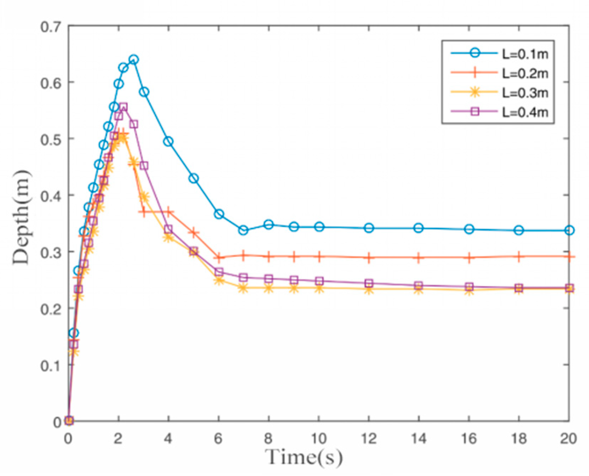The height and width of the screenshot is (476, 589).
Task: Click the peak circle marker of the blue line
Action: [x=133, y=60]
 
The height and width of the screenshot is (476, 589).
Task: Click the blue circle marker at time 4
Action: [x=168, y=142]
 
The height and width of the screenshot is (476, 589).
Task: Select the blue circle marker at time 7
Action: [x=243, y=230]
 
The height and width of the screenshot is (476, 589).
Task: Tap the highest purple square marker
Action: [x=123, y=107]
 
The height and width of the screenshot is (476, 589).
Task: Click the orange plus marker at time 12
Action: [x=369, y=258]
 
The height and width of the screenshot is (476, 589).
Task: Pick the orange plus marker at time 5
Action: [x=194, y=233]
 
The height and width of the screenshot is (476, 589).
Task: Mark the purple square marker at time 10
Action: [x=319, y=281]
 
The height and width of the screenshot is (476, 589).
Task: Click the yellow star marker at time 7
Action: [x=243, y=288]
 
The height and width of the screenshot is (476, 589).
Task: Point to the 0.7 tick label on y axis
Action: [x=50, y=27]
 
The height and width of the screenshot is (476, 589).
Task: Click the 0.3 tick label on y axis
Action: [x=50, y=252]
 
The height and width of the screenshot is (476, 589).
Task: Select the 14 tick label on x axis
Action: [x=419, y=439]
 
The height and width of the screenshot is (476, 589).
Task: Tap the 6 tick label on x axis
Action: [x=218, y=439]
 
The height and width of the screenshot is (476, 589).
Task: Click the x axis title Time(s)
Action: [x=304, y=458]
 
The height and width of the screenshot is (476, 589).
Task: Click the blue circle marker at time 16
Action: [x=469, y=229]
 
